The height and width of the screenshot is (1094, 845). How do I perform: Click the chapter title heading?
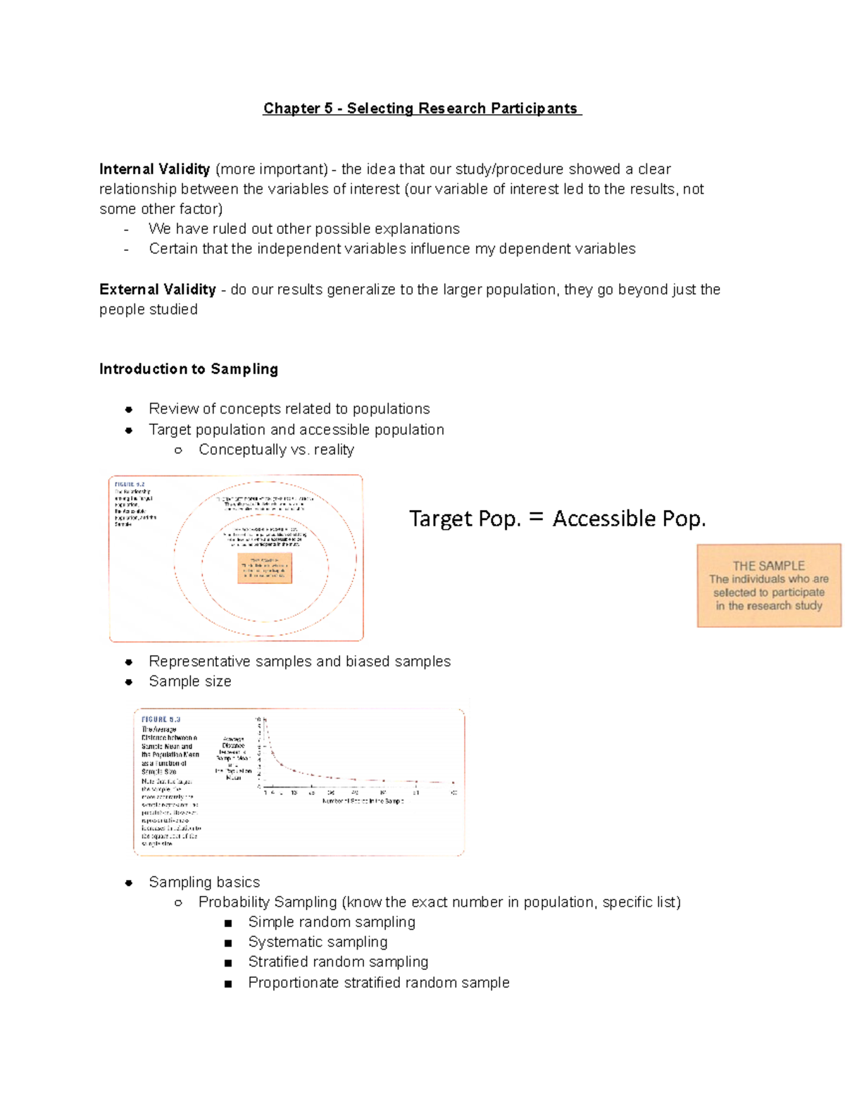click(422, 108)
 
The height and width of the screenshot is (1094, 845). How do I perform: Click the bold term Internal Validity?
click(154, 169)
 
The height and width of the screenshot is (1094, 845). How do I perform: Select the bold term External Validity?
click(157, 290)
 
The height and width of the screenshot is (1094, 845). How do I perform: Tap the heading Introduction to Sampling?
click(188, 369)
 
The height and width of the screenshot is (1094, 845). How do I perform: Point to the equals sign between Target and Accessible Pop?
click(536, 518)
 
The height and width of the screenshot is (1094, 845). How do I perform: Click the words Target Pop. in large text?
click(465, 519)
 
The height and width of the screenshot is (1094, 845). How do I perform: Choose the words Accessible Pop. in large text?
click(629, 519)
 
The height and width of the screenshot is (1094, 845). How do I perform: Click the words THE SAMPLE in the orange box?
click(768, 566)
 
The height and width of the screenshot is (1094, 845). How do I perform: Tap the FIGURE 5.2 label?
click(130, 485)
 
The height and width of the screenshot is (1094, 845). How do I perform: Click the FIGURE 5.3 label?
click(161, 720)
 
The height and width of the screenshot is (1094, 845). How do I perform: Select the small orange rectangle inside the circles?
click(265, 568)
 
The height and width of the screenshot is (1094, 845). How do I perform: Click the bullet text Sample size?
click(189, 681)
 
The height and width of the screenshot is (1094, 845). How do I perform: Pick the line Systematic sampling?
click(318, 942)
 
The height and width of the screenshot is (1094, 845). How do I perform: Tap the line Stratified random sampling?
click(338, 962)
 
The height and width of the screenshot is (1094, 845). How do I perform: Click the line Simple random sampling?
click(332, 922)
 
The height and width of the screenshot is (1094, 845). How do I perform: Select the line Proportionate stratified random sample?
click(378, 982)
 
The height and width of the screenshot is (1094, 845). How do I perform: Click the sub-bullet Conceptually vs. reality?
click(276, 449)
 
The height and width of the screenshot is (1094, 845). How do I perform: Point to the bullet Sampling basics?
click(204, 882)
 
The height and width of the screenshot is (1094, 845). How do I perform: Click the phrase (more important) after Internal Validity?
click(272, 169)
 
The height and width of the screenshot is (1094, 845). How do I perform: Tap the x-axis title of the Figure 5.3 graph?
click(363, 801)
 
